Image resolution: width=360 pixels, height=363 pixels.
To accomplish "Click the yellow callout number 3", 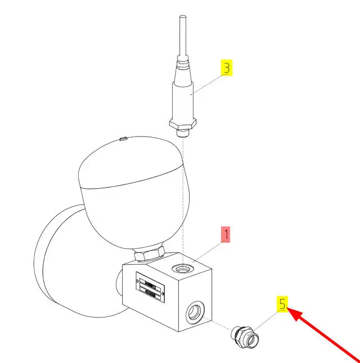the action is [x=226, y=69].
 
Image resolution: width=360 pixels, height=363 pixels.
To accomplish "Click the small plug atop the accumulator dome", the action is [x=123, y=137].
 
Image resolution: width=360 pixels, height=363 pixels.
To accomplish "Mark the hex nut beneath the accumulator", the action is [x=149, y=255].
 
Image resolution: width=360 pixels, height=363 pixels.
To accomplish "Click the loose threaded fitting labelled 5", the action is [x=246, y=336].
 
